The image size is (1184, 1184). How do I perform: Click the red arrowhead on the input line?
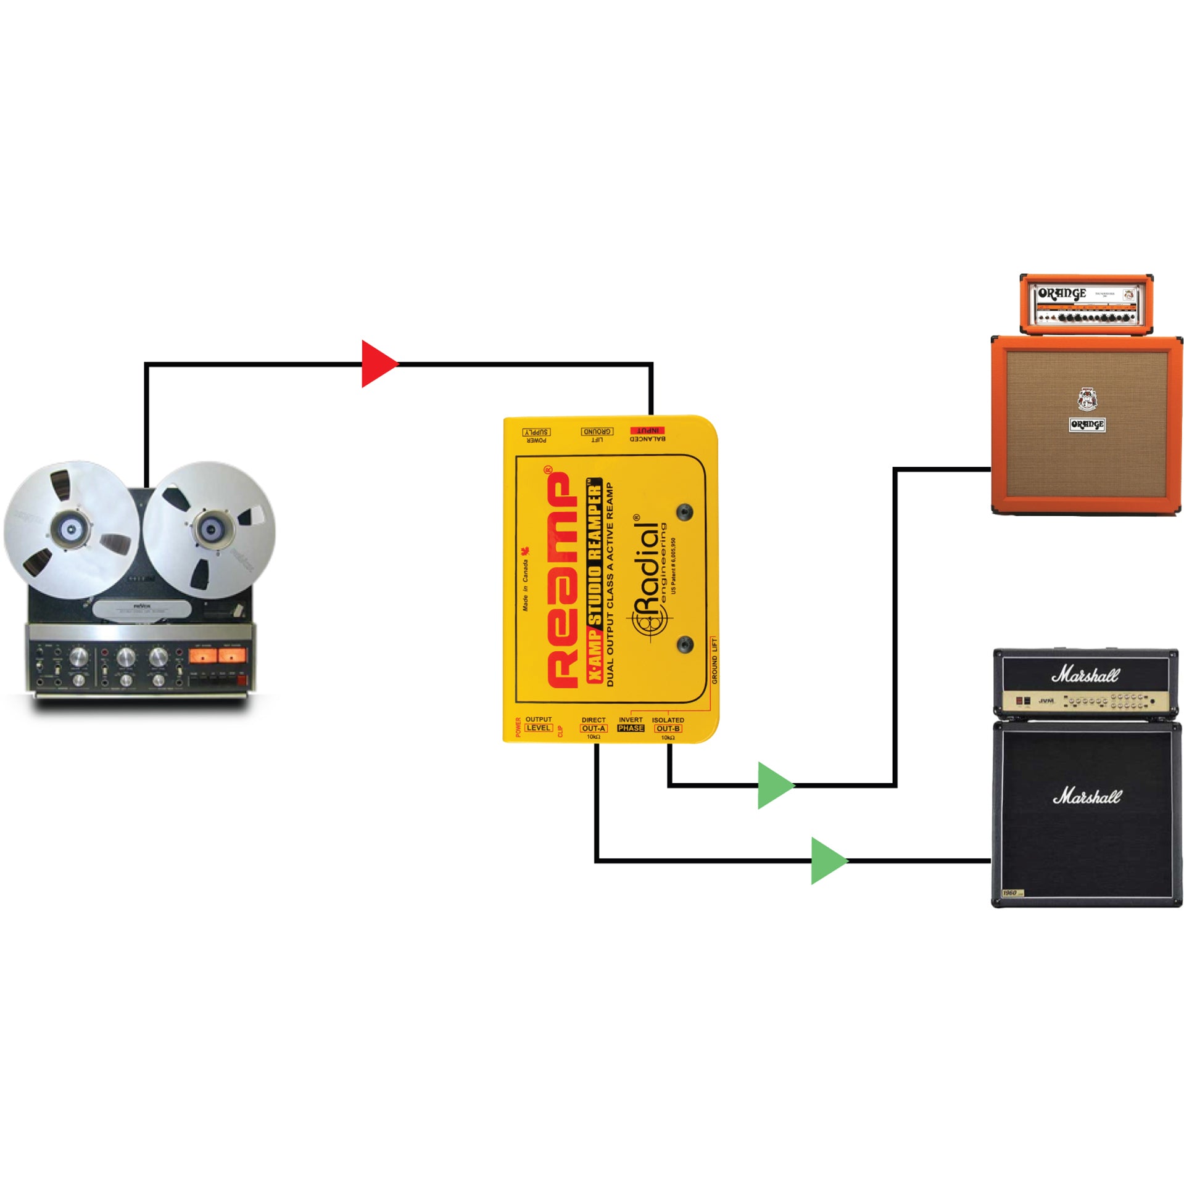pos(378,364)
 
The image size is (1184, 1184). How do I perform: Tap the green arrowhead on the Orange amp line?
pos(774,785)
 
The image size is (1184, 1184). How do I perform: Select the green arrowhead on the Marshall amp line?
pos(827,860)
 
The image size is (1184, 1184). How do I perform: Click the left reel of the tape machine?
pos(71,528)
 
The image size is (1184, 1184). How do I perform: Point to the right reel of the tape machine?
pos(210,529)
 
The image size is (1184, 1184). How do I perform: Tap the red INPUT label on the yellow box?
pos(647,430)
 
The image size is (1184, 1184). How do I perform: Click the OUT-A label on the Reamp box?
pos(594,728)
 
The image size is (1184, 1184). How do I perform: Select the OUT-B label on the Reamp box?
pos(668,728)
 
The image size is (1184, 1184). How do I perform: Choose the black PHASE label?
pos(631,728)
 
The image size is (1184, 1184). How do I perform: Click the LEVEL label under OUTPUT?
pos(538,728)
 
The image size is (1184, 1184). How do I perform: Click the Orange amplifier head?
pos(1086,303)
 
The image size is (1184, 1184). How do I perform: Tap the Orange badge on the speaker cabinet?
pos(1087,424)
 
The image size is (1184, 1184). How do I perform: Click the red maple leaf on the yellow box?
pos(526,551)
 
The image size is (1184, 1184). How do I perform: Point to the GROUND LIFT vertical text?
pos(714,661)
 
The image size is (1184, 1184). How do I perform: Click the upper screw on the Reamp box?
pos(684,512)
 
